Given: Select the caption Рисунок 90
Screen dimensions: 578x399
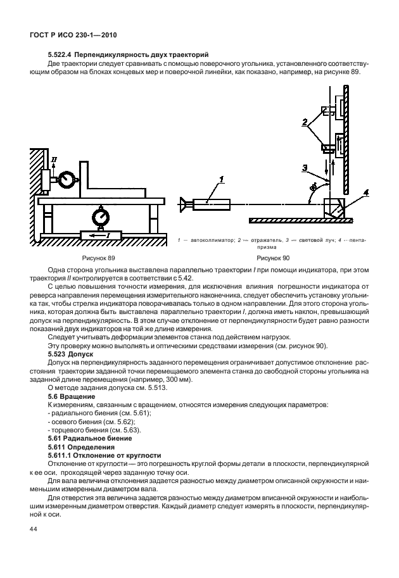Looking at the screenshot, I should (272, 259).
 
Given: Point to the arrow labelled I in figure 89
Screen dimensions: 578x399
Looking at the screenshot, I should (99, 236).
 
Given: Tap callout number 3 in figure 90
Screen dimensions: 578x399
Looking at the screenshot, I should (305, 168).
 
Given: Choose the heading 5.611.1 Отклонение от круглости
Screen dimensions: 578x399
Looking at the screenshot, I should (104, 455).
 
